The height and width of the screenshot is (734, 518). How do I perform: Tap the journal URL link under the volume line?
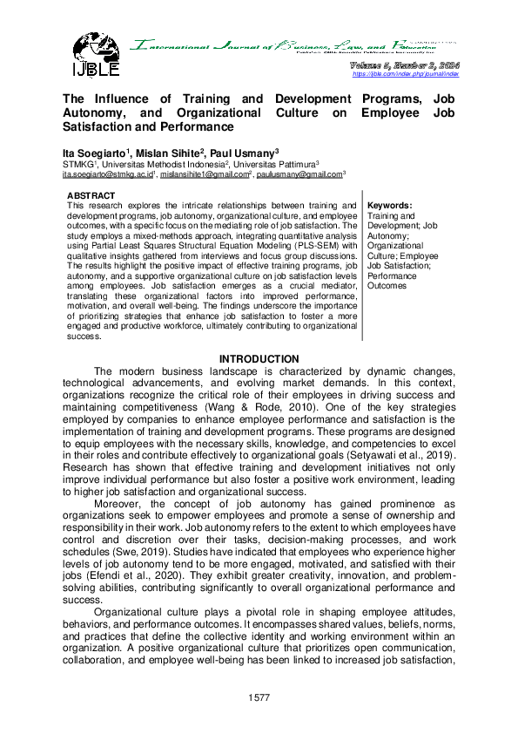tap(405, 74)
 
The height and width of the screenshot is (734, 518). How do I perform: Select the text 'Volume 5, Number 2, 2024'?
tap(404, 65)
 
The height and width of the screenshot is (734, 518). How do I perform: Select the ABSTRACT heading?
tap(91, 195)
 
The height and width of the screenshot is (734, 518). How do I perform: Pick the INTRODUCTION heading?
tap(259, 359)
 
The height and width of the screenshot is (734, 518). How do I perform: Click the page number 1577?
tap(259, 697)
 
